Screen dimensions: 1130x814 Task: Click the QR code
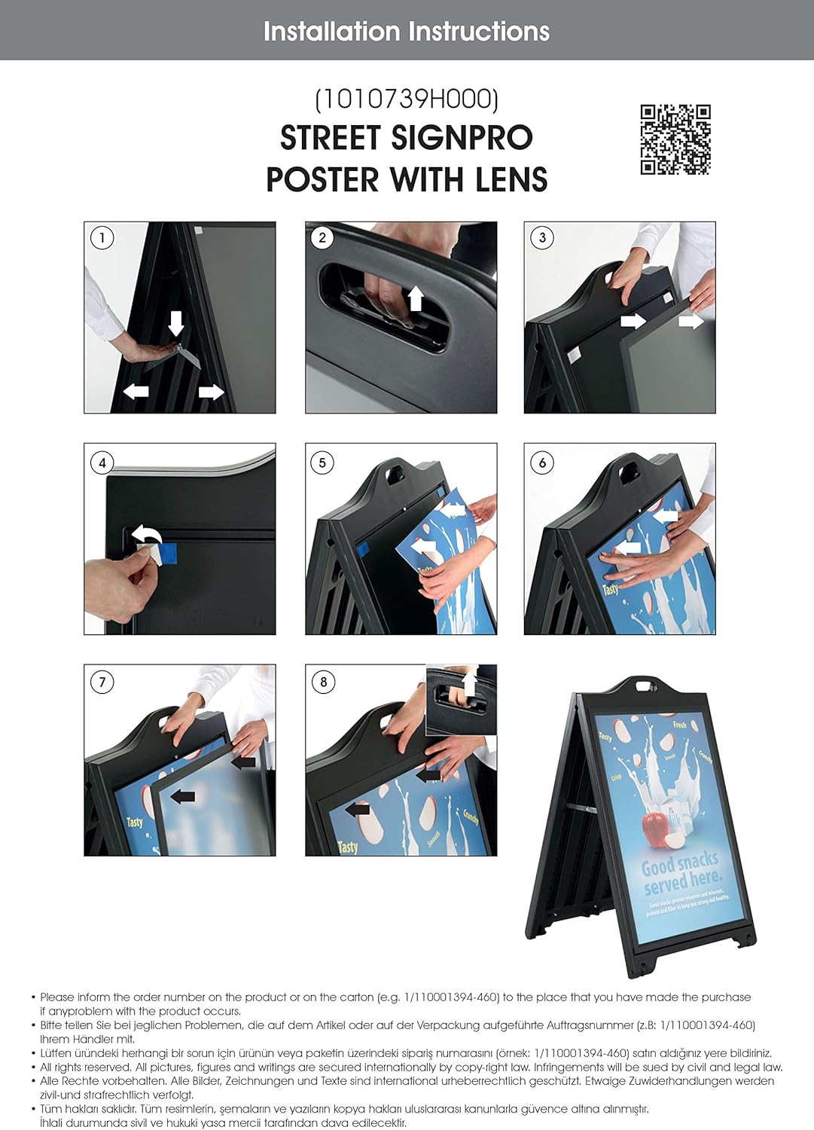pos(675,139)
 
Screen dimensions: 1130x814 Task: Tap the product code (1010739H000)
pos(407,99)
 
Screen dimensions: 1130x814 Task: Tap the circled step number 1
pos(102,238)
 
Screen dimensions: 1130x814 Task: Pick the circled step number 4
pos(102,463)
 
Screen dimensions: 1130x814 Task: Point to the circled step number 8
pos(323,683)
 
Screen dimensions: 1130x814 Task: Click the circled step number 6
pos(542,463)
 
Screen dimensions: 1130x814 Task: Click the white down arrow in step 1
pos(176,323)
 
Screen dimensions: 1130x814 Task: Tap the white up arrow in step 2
pos(415,298)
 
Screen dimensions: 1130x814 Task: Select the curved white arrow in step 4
pos(148,536)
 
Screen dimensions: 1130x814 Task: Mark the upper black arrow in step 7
pos(244,762)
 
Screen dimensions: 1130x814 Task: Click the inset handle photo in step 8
pos(462,700)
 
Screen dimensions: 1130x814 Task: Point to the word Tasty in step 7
pos(134,821)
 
